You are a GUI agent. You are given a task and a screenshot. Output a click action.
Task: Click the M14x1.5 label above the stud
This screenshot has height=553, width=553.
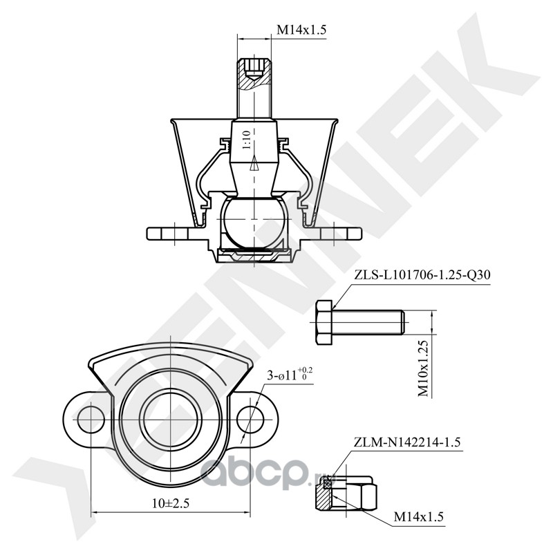coord(301,30)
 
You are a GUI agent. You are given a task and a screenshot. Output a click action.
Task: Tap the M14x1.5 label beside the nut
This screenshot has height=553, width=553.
coord(418,516)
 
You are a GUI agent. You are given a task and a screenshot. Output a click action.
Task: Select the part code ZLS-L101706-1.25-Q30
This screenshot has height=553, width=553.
coord(422,275)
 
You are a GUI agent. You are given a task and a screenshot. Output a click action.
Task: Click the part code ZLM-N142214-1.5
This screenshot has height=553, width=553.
coord(407,442)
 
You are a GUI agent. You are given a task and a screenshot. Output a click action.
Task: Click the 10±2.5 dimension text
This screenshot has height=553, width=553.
coord(171,503)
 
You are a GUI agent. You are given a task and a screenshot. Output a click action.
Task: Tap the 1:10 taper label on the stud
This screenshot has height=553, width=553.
coord(246,140)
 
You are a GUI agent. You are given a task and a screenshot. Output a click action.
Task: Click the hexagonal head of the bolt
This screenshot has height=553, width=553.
coord(324,322)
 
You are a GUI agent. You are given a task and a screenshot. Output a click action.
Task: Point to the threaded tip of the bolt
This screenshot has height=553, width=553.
coord(402,322)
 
